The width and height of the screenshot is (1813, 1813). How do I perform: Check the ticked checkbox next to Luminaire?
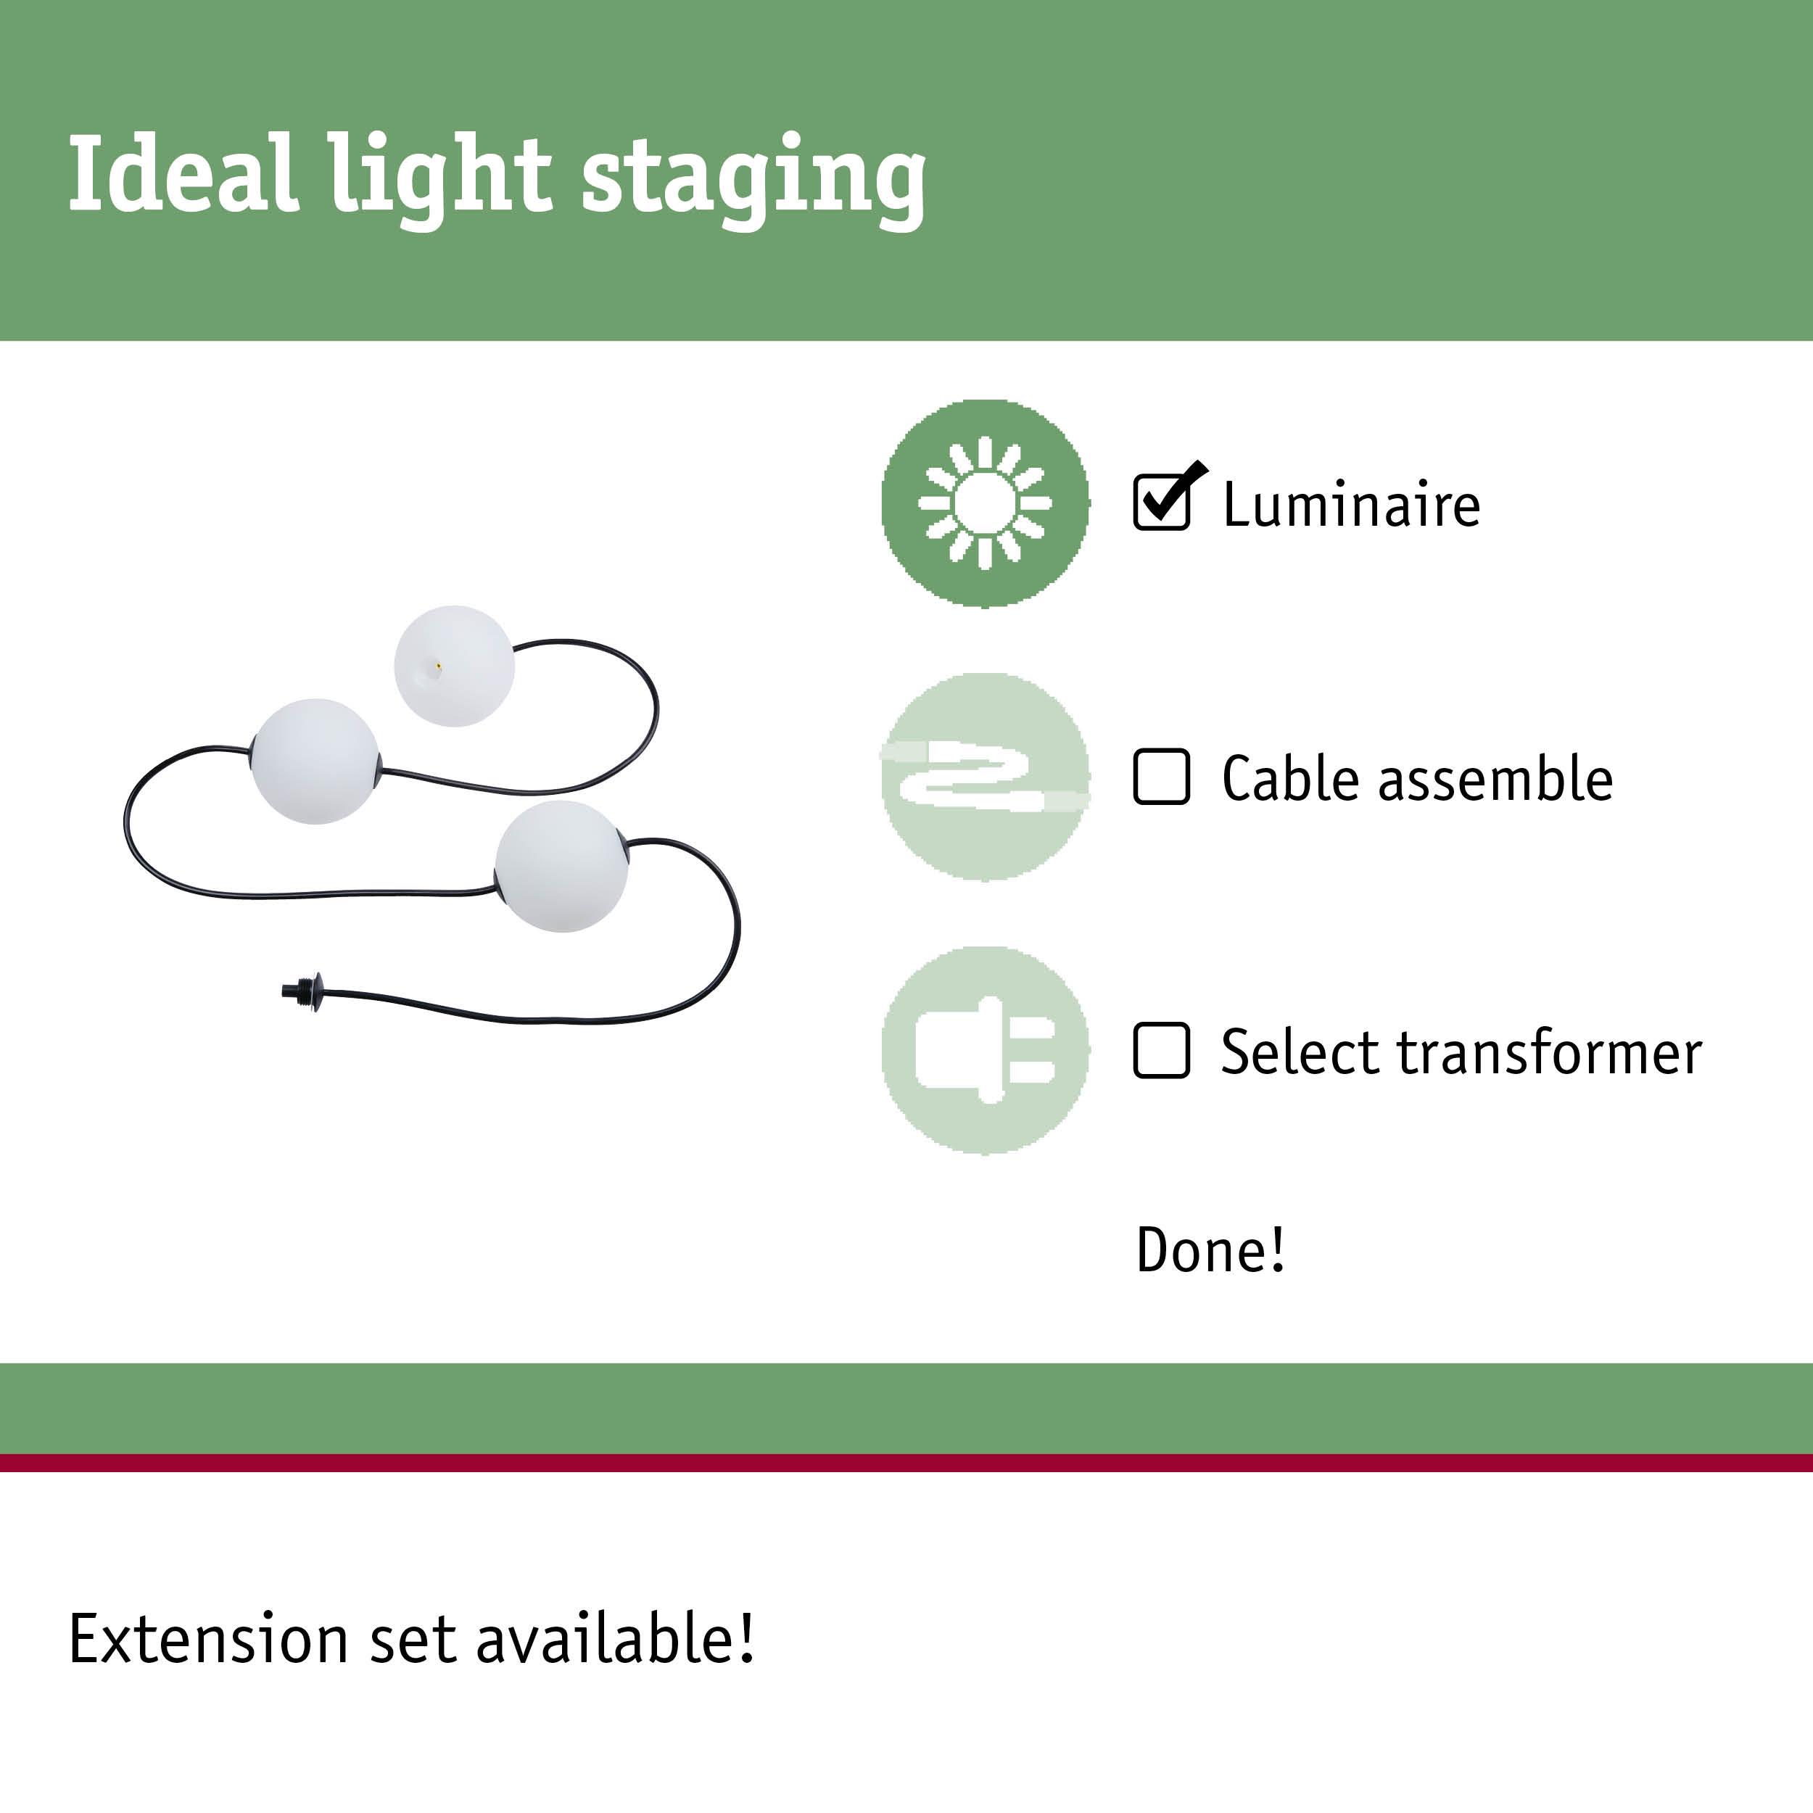1162,502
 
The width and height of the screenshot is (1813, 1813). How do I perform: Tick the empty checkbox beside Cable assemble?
1162,776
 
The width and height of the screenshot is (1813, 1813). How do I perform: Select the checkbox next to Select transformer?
1162,1050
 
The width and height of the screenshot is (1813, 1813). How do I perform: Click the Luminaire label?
1351,505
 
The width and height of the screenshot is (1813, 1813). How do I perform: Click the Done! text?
1210,1250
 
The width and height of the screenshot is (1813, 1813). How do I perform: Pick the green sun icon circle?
986,503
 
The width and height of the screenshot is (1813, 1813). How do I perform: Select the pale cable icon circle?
986,777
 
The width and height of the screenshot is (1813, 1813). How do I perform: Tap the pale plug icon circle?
986,1050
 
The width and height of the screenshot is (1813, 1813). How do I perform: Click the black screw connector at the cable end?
302,989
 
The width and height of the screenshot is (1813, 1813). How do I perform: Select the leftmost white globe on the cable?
316,761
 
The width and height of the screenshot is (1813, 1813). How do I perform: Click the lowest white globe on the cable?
561,866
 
